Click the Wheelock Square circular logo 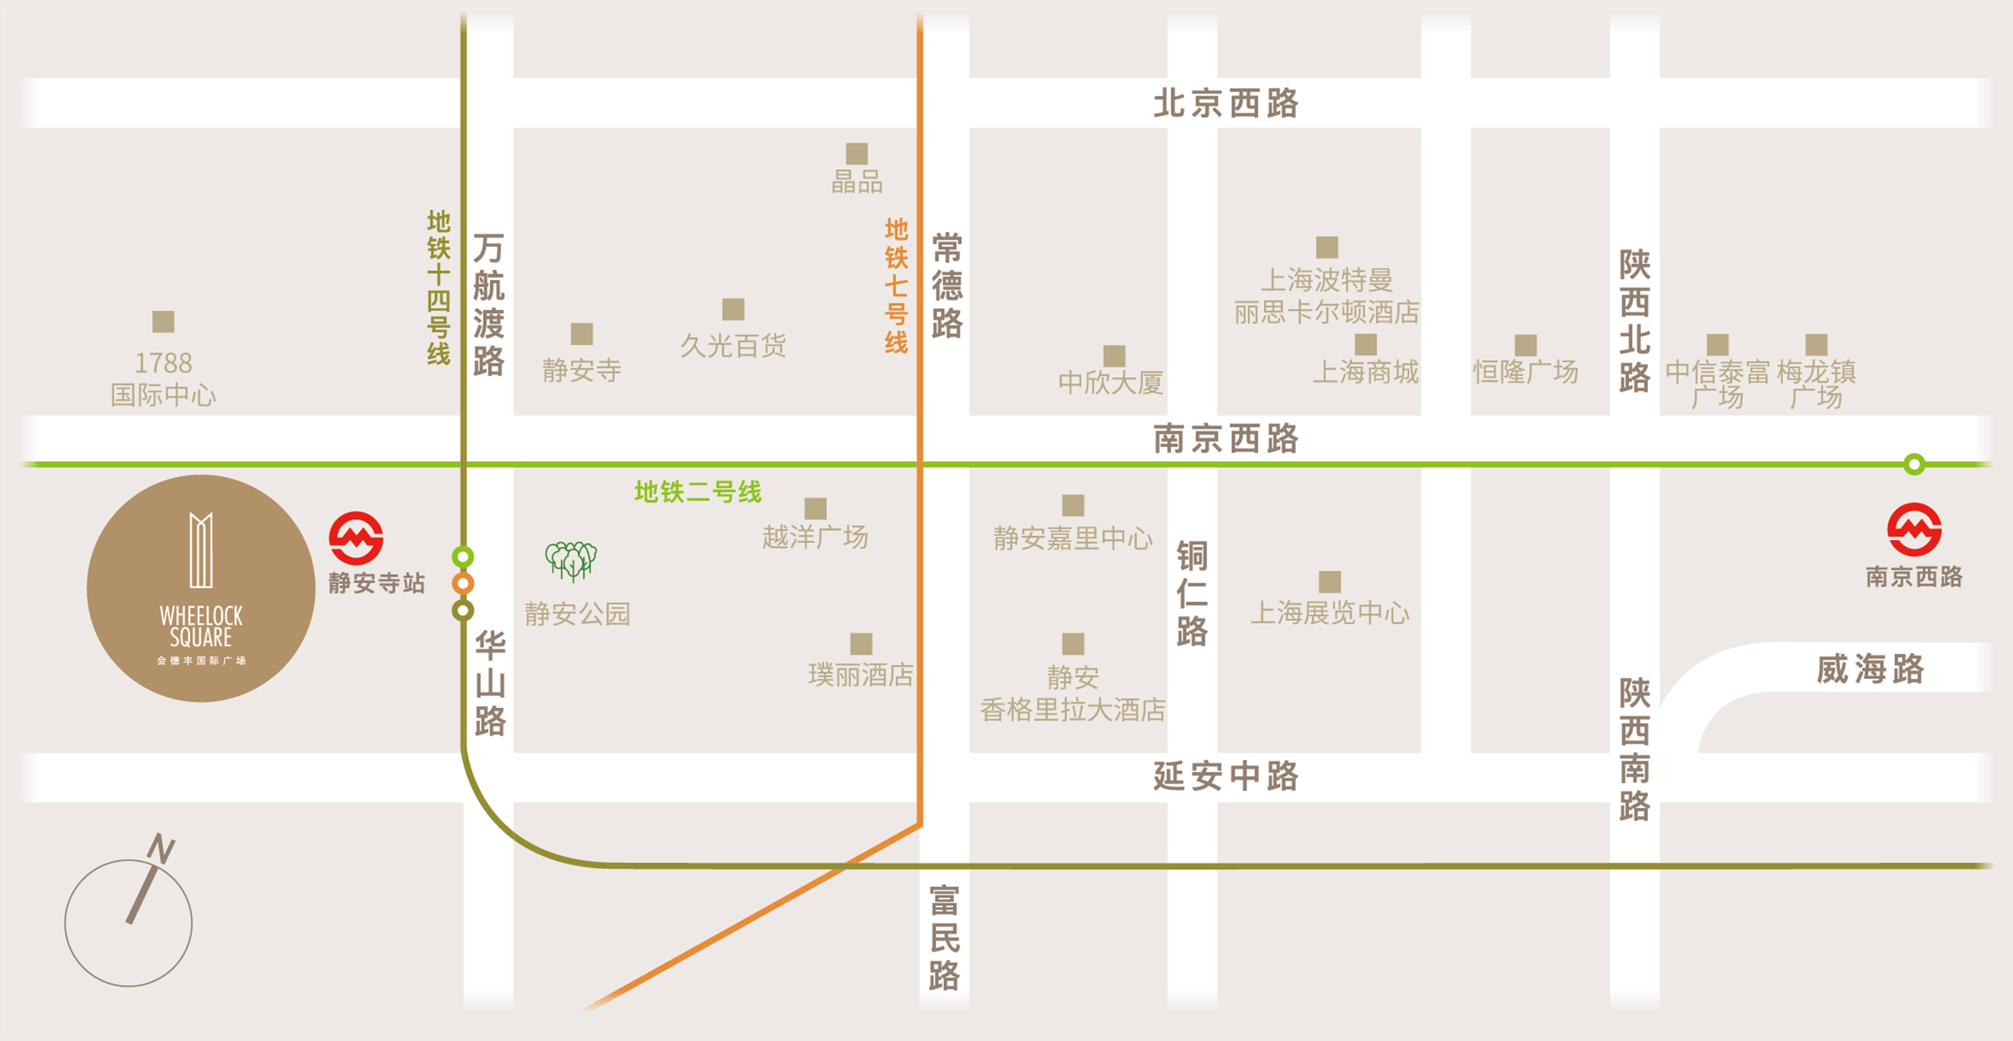201,588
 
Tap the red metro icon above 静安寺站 355,538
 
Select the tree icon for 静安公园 570,560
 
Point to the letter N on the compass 161,848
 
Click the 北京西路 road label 1225,103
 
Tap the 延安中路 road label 1225,776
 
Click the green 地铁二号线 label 697,492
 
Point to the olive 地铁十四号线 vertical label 438,287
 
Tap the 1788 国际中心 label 163,378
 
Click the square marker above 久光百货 733,309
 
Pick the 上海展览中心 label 1329,613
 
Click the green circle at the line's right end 1914,464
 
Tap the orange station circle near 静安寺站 463,583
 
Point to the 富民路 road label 944,938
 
